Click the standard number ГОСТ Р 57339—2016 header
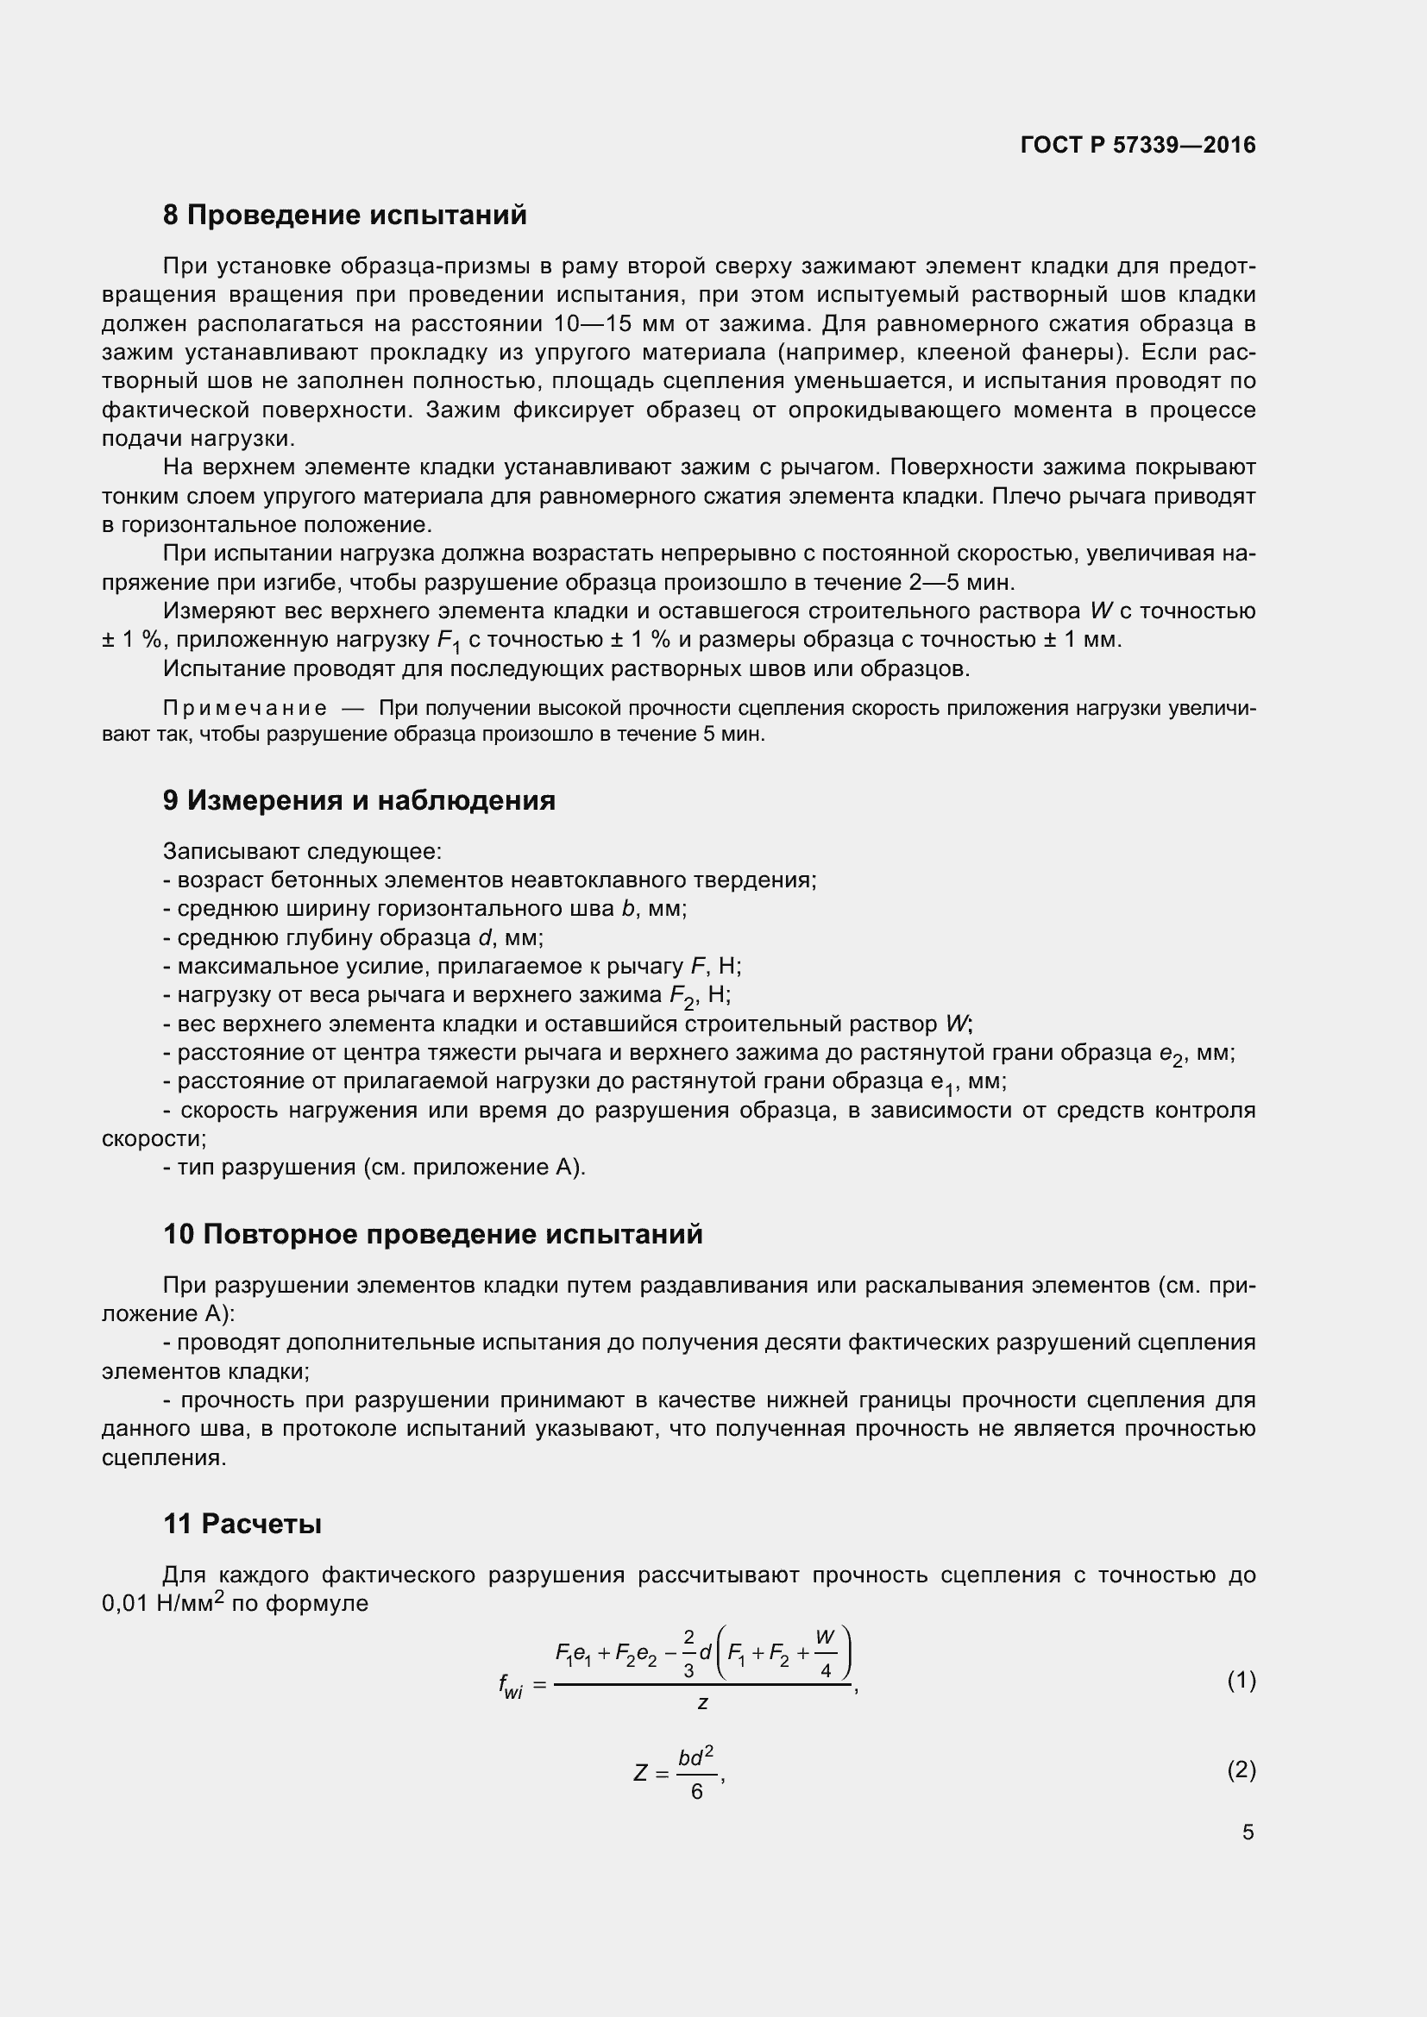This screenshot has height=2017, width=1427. pos(1138,145)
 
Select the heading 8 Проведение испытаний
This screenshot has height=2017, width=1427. pos(344,216)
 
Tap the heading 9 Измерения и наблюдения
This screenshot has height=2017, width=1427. pos(359,800)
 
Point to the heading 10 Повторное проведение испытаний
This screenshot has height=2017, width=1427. pos(432,1234)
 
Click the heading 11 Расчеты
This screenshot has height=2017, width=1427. pos(242,1524)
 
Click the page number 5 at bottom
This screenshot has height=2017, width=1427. pos(1248,1832)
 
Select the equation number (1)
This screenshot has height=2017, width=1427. pos(1241,1682)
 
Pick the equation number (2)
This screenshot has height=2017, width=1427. pos(1241,1770)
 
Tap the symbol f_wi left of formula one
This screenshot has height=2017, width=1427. pos(510,1685)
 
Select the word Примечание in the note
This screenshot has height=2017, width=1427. pos(245,709)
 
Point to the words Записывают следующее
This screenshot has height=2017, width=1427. pos(302,851)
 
